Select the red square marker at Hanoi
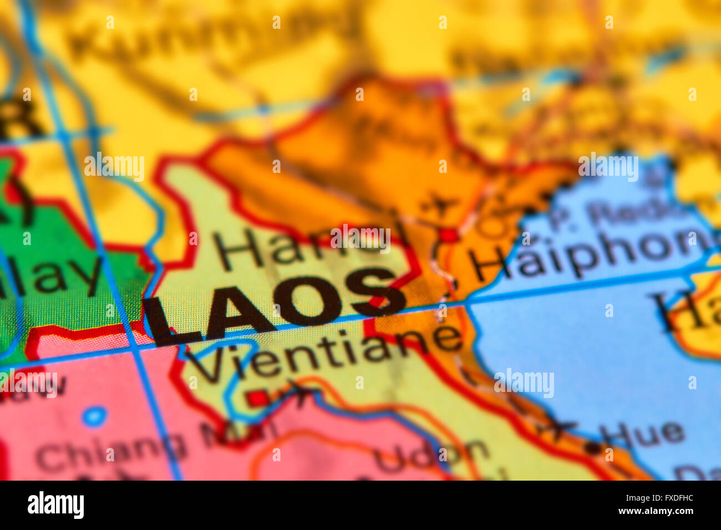pyautogui.click(x=449, y=235)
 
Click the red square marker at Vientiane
pyautogui.click(x=257, y=397)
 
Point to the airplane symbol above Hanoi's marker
pyautogui.click(x=441, y=207)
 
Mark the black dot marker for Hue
pyautogui.click(x=595, y=446)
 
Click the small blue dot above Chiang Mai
pyautogui.click(x=95, y=416)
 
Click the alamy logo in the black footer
pyautogui.click(x=55, y=505)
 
